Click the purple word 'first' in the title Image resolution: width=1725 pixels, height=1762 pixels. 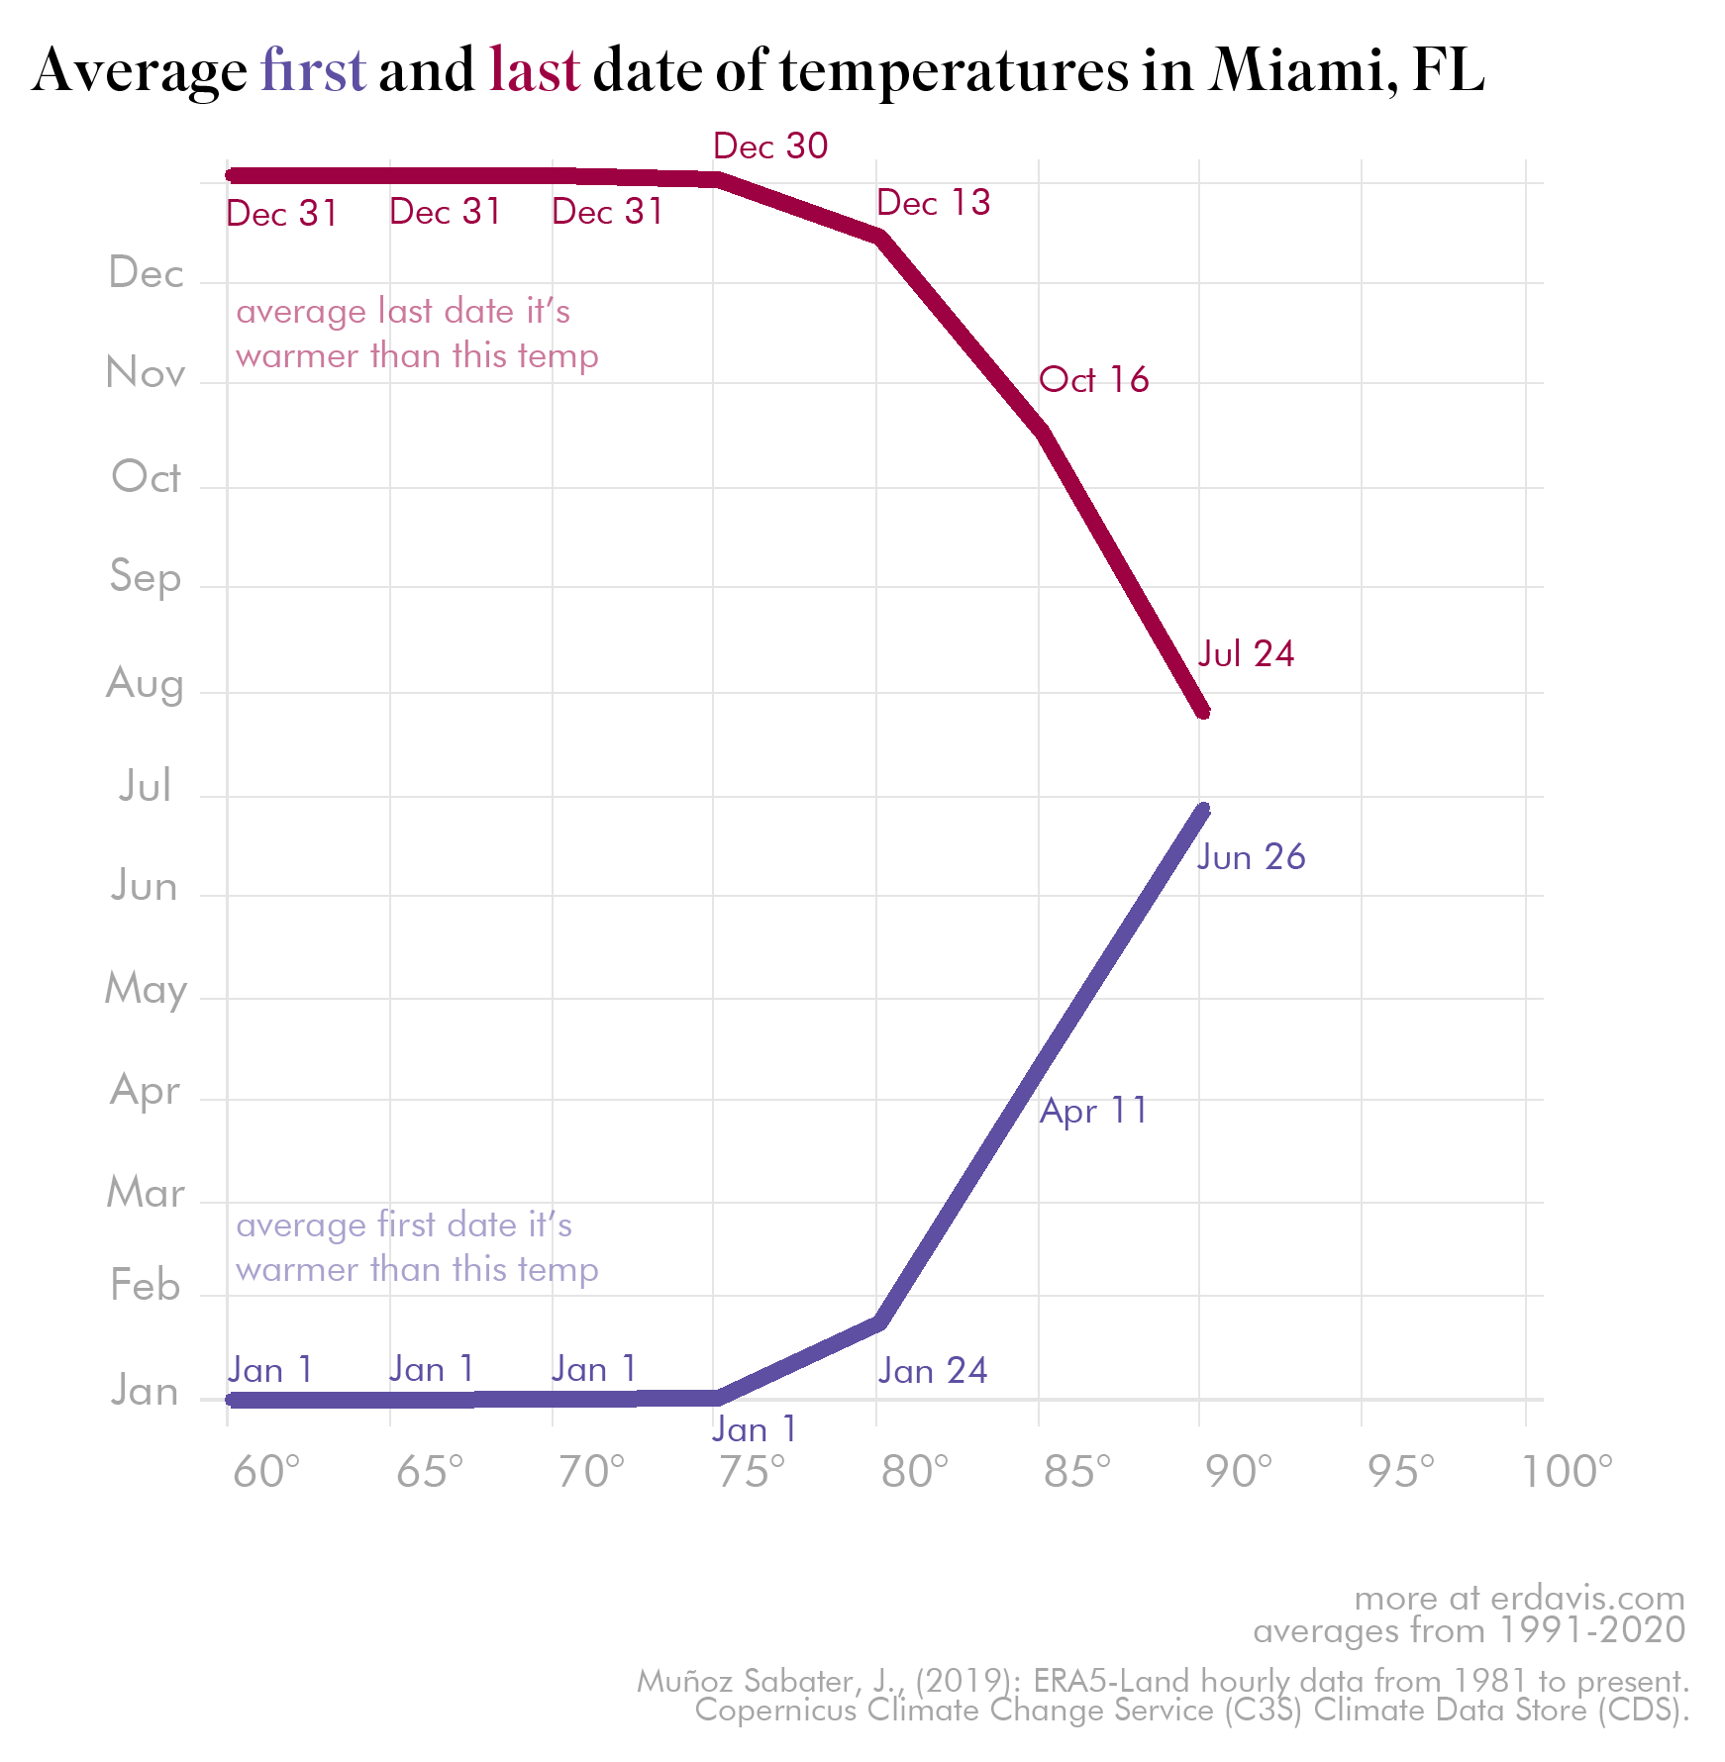coord(313,71)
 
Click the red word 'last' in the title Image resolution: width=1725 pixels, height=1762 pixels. coord(534,71)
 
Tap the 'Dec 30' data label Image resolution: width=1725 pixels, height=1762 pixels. coord(770,147)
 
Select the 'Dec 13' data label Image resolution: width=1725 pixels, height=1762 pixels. coord(933,203)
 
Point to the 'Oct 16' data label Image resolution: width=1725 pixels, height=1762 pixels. coord(1093,380)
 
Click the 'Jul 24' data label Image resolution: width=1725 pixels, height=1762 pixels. coord(1246,654)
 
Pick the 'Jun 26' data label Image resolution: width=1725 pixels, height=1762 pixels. coord(1251,857)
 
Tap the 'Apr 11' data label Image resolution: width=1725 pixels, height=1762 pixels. coord(1093,1111)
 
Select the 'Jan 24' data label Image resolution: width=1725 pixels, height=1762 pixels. coord(932,1371)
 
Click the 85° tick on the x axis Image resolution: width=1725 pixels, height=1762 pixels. coord(1076,1473)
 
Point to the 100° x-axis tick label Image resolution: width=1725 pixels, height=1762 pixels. coord(1567,1473)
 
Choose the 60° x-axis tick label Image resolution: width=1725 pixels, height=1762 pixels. coord(265,1473)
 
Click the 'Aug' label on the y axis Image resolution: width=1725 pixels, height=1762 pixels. coord(145,684)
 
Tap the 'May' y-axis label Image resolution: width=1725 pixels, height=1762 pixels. coord(146,989)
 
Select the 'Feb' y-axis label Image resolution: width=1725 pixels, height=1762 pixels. coord(145,1286)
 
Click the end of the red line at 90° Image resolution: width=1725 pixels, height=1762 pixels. coord(1203,711)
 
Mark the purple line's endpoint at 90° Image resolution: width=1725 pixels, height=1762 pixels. coord(1203,810)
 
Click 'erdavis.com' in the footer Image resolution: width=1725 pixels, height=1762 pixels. coord(1587,1599)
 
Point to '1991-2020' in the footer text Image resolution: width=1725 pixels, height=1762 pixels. coord(1591,1630)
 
